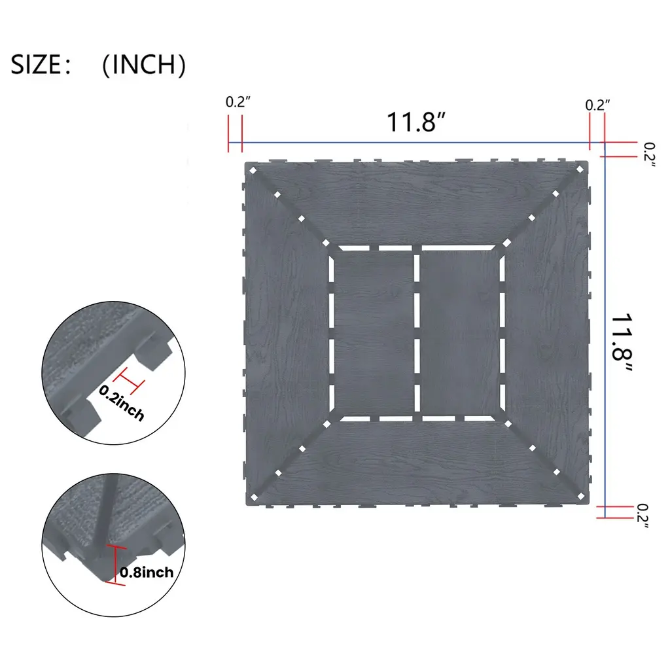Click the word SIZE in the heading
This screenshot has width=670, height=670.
point(35,65)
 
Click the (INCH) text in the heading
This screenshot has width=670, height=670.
point(144,65)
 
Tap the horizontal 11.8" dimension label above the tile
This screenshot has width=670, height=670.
point(416,122)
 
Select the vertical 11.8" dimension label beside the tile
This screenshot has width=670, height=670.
point(622,343)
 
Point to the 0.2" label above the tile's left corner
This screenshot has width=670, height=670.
point(238,102)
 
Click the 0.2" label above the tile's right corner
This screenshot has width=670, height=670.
point(597,105)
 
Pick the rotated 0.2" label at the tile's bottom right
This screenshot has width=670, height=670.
point(643,516)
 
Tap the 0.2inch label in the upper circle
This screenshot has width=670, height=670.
point(122,402)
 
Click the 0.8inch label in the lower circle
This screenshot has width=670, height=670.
point(147,572)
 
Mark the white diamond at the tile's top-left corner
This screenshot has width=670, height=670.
point(253,171)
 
